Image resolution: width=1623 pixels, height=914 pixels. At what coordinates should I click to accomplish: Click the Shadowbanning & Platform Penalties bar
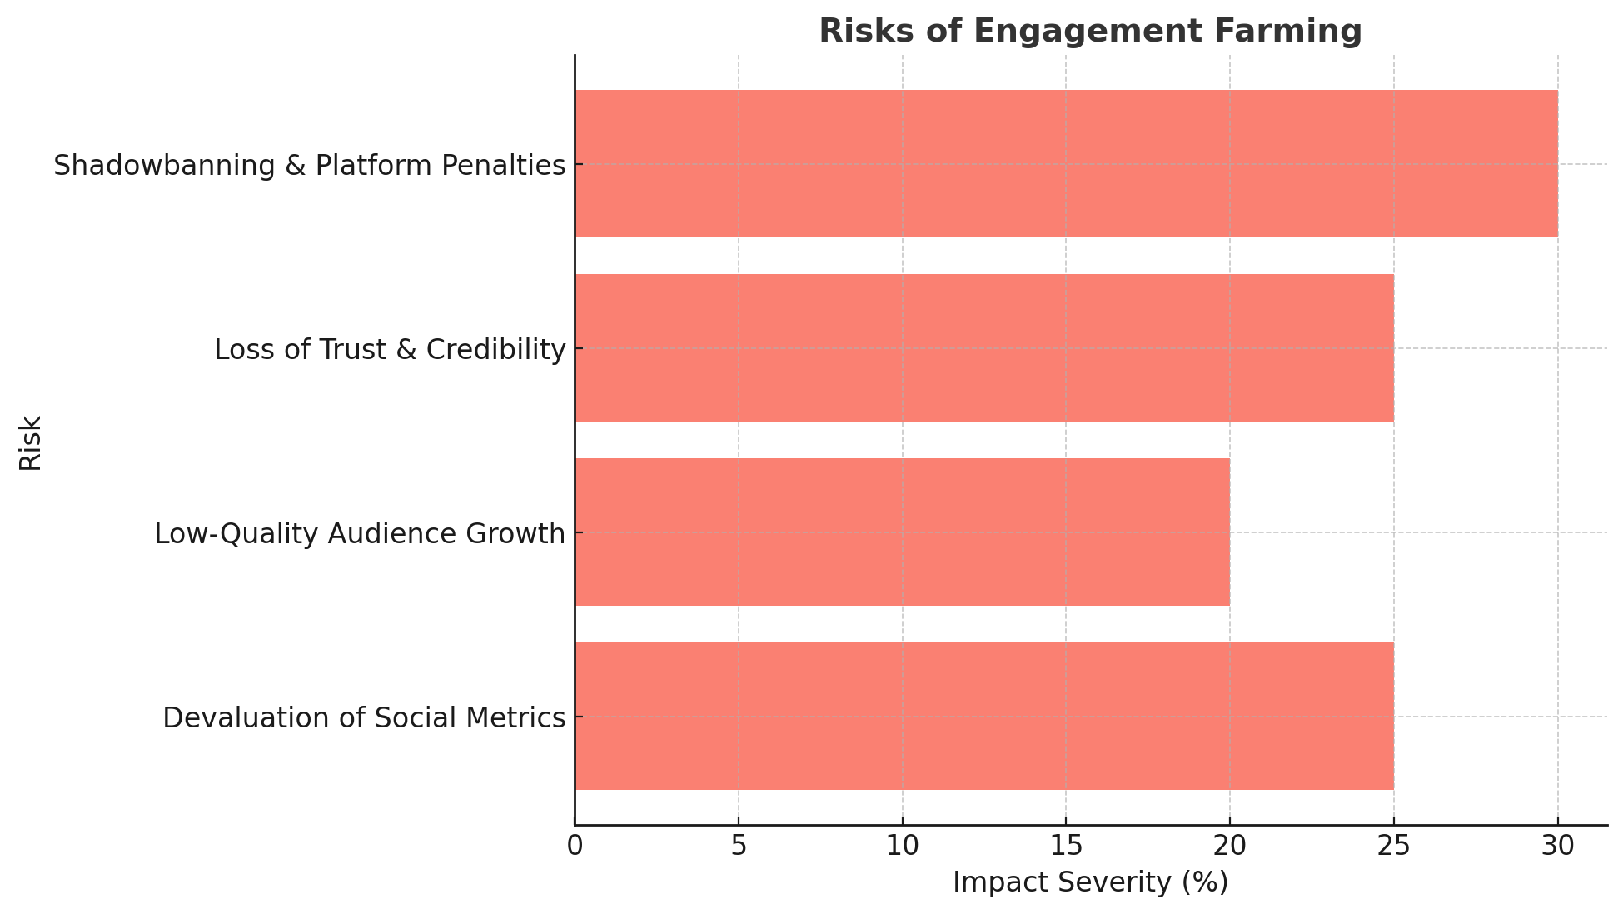pyautogui.click(x=1066, y=164)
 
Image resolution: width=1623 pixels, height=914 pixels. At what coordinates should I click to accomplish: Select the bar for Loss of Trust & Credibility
pyautogui.click(x=984, y=348)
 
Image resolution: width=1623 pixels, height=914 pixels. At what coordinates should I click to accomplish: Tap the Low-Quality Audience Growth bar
pyautogui.click(x=902, y=532)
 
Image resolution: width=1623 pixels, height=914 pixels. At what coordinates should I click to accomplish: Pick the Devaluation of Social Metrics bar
pyautogui.click(x=984, y=717)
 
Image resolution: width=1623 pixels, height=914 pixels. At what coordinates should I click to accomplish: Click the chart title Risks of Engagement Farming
pyautogui.click(x=1090, y=32)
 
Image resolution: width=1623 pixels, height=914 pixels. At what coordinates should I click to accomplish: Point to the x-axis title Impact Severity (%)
pyautogui.click(x=1090, y=882)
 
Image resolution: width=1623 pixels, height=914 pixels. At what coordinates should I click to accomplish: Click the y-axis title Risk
pyautogui.click(x=31, y=442)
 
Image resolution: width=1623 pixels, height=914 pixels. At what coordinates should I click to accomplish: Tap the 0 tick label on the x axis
pyautogui.click(x=575, y=847)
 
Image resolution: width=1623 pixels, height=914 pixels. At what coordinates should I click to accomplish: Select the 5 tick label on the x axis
pyautogui.click(x=739, y=847)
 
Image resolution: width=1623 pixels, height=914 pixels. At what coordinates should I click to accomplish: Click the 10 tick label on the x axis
pyautogui.click(x=902, y=847)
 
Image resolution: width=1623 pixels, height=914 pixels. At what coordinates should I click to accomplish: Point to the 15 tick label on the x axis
pyautogui.click(x=1066, y=847)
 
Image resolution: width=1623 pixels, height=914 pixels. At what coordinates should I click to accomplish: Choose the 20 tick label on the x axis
pyautogui.click(x=1229, y=847)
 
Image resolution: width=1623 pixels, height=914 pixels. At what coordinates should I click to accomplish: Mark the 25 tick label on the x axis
pyautogui.click(x=1393, y=847)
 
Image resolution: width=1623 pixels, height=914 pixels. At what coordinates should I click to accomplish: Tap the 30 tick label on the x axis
pyautogui.click(x=1557, y=847)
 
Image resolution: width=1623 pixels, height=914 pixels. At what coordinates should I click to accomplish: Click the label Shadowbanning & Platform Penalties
pyautogui.click(x=310, y=166)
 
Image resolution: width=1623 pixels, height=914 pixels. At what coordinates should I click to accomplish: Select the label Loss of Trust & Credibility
pyautogui.click(x=390, y=350)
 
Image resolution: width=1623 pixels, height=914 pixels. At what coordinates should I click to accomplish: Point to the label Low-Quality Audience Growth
pyautogui.click(x=360, y=534)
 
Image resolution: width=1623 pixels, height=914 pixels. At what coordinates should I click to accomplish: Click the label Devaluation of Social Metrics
pyautogui.click(x=364, y=718)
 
